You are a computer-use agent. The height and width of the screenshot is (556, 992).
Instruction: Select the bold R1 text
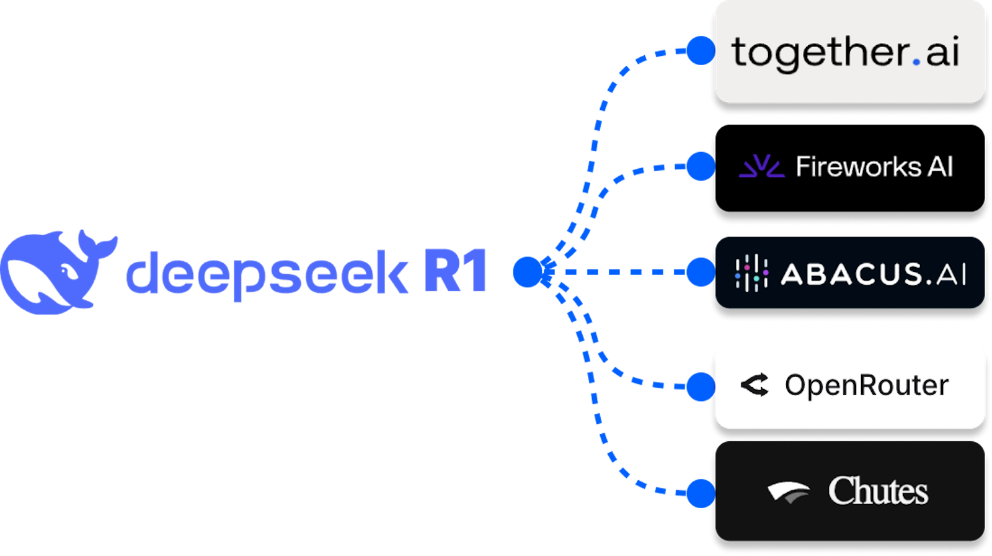pyautogui.click(x=456, y=271)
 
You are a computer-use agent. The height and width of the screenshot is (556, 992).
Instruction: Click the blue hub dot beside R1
pyautogui.click(x=528, y=272)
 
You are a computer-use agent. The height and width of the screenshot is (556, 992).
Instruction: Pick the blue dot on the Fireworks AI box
pyautogui.click(x=701, y=166)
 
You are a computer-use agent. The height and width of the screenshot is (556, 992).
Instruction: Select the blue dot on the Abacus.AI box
pyautogui.click(x=701, y=272)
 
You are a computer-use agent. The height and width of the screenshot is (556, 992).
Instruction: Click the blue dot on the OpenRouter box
pyautogui.click(x=701, y=387)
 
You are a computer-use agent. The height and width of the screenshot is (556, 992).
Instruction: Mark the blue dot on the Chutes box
pyautogui.click(x=701, y=493)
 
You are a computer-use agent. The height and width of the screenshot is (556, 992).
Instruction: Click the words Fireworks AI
pyautogui.click(x=874, y=166)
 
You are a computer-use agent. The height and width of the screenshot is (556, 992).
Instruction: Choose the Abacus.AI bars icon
pyautogui.click(x=751, y=273)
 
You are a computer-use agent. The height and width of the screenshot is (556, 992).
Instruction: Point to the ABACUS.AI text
pyautogui.click(x=873, y=274)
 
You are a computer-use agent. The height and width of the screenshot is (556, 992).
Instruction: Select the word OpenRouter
pyautogui.click(x=866, y=385)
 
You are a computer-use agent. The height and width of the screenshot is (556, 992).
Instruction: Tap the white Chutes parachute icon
pyautogui.click(x=789, y=491)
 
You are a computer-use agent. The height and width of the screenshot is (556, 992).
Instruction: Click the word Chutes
pyautogui.click(x=878, y=491)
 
